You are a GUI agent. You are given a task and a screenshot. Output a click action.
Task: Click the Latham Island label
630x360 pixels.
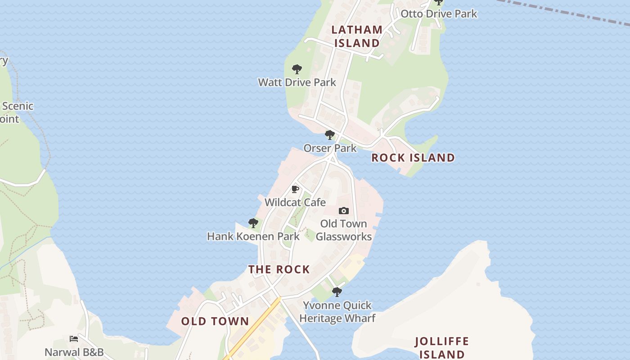tap(357, 36)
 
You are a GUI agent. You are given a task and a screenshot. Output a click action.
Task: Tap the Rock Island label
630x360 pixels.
tap(413, 157)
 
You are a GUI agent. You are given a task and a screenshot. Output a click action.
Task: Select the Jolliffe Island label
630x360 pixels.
tap(441, 347)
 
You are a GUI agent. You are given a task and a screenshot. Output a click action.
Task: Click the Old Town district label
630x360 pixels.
tap(215, 321)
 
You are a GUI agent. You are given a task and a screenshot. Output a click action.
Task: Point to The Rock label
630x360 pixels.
tap(279, 270)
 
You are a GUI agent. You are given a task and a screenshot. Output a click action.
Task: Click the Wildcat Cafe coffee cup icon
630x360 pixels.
tap(295, 189)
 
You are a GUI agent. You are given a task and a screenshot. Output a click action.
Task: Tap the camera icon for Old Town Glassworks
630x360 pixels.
tap(344, 211)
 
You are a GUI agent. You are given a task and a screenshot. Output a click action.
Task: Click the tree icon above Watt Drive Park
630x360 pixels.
tap(297, 69)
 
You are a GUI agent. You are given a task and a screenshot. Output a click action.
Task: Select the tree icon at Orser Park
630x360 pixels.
tap(330, 135)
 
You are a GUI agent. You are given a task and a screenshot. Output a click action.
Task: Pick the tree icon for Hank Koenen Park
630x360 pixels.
tap(253, 223)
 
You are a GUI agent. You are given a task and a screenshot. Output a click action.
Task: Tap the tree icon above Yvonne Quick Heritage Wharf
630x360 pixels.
tap(337, 292)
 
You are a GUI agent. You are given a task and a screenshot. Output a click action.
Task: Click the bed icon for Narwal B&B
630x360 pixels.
tap(74, 338)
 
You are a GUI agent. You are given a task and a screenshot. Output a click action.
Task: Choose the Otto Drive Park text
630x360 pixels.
tap(439, 13)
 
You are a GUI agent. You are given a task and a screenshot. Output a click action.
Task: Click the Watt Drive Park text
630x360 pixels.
tap(297, 82)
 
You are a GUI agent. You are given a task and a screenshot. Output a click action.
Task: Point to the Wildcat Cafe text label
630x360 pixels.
tap(295, 202)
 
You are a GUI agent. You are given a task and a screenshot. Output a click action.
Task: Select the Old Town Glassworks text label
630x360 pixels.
tap(344, 230)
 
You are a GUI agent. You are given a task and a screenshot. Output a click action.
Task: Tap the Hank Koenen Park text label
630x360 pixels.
tap(253, 236)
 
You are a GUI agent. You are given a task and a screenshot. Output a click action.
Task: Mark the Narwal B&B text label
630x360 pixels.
tap(74, 352)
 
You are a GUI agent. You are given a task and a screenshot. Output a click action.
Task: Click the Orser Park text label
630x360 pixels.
tap(330, 148)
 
